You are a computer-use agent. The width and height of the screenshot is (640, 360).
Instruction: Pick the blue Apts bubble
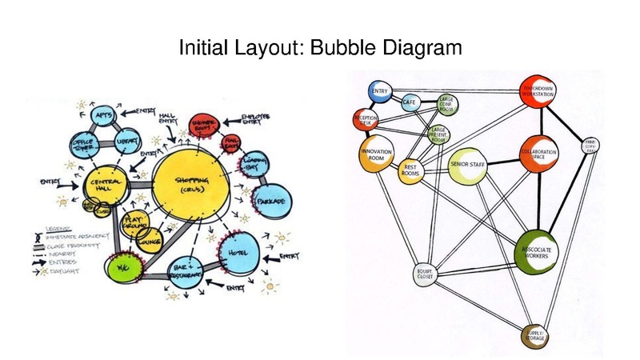pyautogui.click(x=103, y=117)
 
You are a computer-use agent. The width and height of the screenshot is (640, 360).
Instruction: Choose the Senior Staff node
pyautogui.click(x=468, y=165)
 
